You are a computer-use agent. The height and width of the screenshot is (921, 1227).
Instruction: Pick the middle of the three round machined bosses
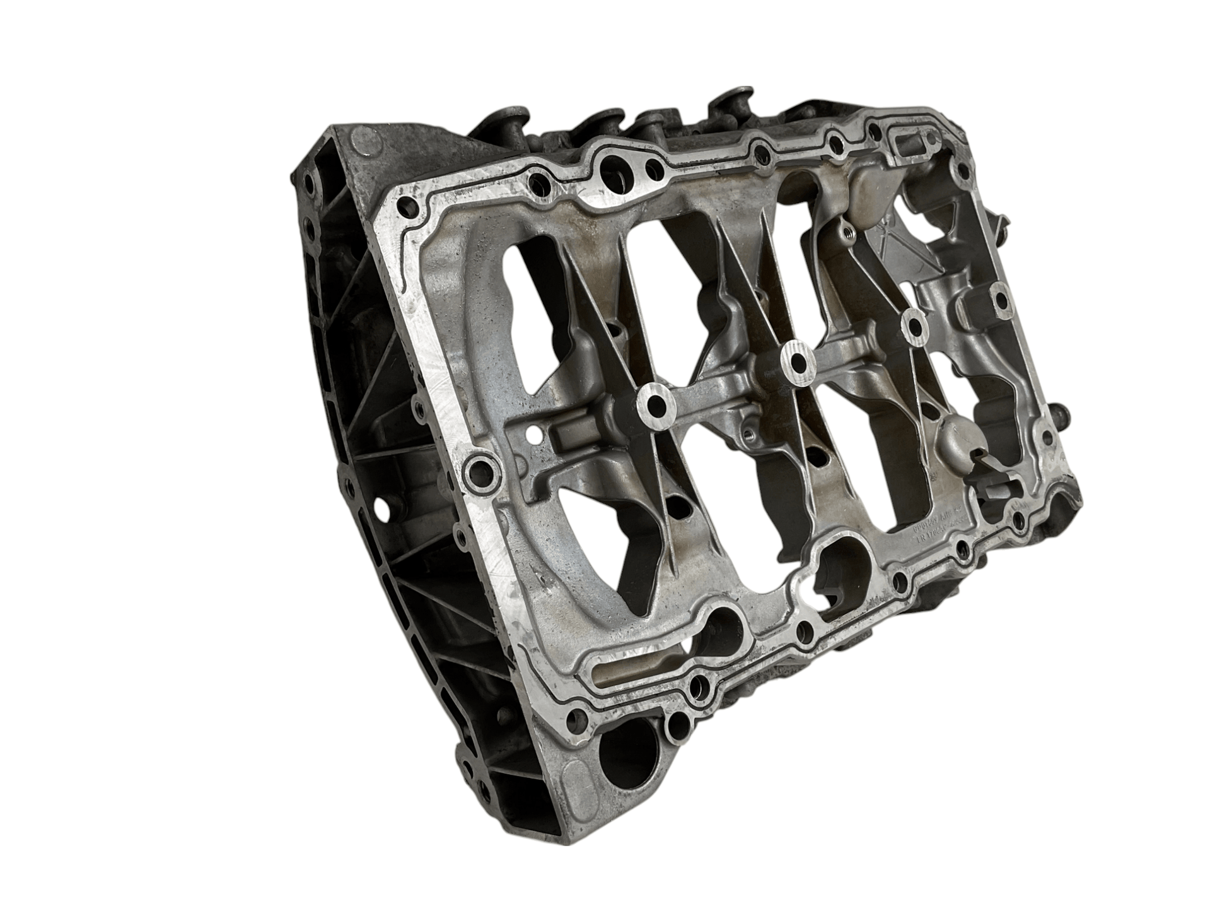[x=796, y=361]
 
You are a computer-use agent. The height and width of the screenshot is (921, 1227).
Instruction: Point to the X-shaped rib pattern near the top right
[x=898, y=237]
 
